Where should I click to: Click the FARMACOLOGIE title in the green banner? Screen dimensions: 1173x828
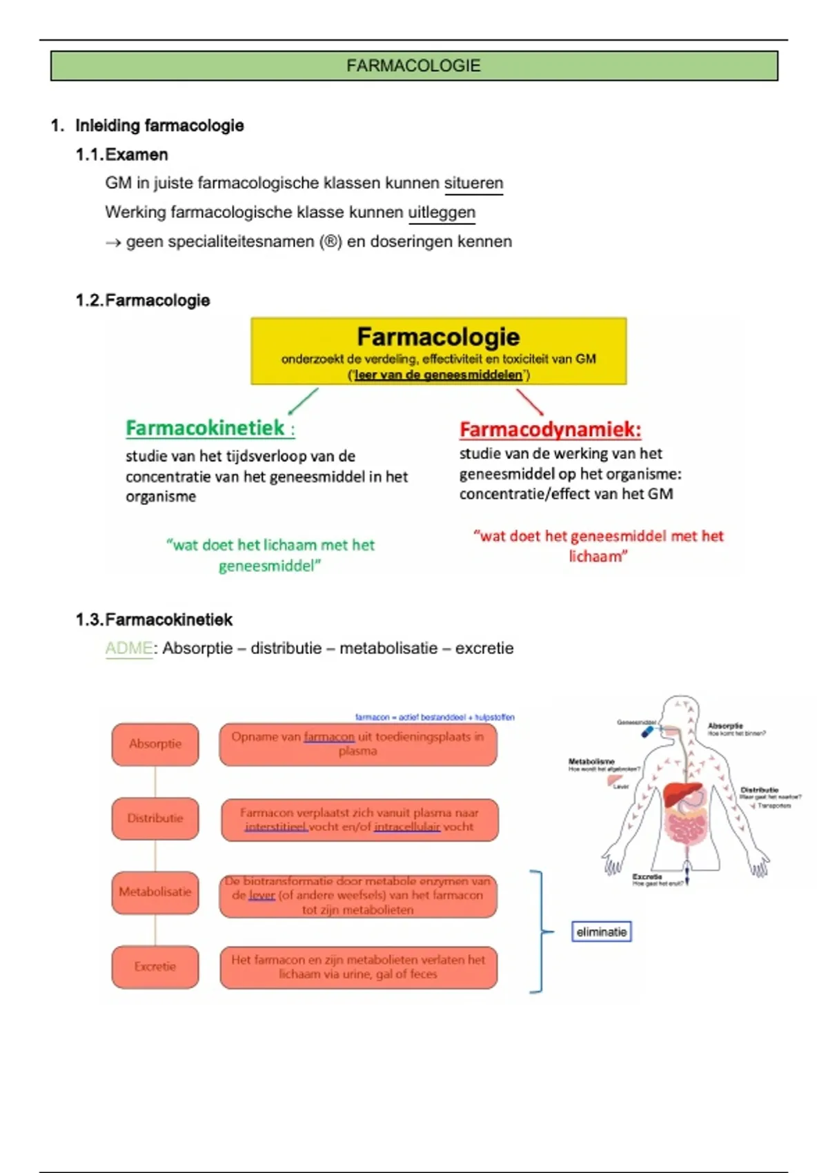click(x=413, y=66)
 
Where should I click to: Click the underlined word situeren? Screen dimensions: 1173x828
click(x=473, y=184)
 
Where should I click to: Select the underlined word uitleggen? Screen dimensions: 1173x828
click(x=442, y=213)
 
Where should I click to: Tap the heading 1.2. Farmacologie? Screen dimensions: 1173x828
click(x=143, y=300)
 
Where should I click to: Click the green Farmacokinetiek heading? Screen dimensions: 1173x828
click(x=205, y=428)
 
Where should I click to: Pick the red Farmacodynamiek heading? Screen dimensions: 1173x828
click(x=550, y=430)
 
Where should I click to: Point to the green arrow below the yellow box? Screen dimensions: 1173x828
click(x=304, y=400)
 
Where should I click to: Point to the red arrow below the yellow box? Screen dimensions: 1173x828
click(x=529, y=402)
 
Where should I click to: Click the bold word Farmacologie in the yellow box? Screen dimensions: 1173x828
click(x=438, y=337)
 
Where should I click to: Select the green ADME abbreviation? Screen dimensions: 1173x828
click(x=128, y=649)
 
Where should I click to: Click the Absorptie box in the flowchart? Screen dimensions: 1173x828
click(x=155, y=744)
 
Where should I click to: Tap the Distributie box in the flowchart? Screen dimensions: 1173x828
click(x=155, y=818)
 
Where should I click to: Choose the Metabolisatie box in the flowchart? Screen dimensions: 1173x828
click(x=155, y=892)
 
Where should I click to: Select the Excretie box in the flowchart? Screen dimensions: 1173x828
click(x=155, y=967)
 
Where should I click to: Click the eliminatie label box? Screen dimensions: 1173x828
click(x=601, y=932)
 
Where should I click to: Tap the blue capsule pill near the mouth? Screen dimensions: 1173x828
click(x=648, y=731)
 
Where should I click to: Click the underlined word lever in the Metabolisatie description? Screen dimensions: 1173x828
click(x=262, y=896)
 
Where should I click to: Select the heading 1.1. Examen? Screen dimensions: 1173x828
click(x=122, y=155)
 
